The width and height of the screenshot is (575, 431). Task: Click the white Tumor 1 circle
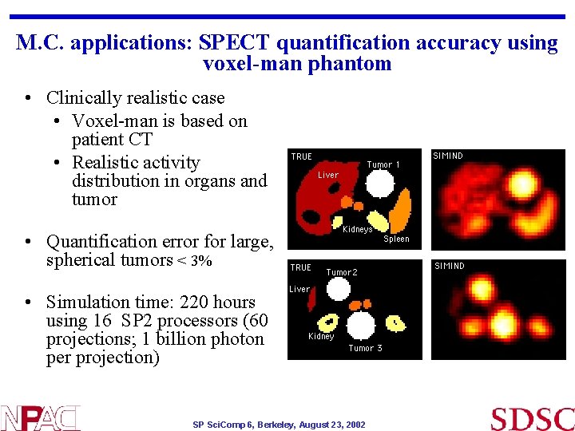pos(381,185)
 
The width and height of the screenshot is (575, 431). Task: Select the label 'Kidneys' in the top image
pos(357,230)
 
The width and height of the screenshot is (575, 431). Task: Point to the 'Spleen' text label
pos(396,239)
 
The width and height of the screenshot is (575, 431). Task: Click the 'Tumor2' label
pos(342,272)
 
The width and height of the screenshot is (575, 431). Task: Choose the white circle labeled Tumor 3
pos(361,325)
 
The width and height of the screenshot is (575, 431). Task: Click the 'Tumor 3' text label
pos(365,348)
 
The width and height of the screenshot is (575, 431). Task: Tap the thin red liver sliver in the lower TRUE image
pos(312,300)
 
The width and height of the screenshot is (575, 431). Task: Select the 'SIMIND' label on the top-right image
pos(448,156)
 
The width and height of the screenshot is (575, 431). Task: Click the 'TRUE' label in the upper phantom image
pos(302,156)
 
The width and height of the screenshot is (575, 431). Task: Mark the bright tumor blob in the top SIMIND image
pos(521,184)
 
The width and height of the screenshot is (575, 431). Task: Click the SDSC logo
pos(532,418)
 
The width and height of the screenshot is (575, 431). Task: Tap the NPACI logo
pos(40,418)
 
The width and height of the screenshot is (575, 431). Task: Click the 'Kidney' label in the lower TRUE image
pos(321,336)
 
